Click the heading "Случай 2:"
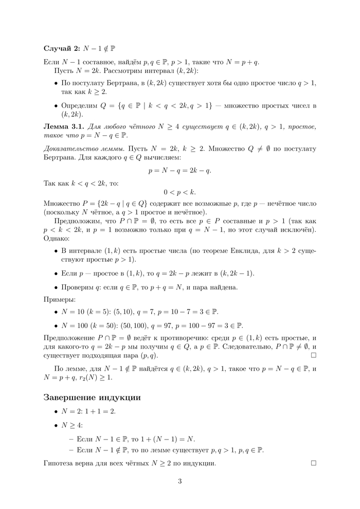(x=61, y=48)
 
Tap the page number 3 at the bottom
(x=179, y=481)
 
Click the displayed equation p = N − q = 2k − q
(x=179, y=169)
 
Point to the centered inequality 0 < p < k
(x=179, y=192)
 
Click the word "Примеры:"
(x=59, y=298)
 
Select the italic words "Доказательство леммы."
(x=83, y=148)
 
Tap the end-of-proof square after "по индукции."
(x=314, y=464)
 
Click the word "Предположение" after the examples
(x=69, y=338)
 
